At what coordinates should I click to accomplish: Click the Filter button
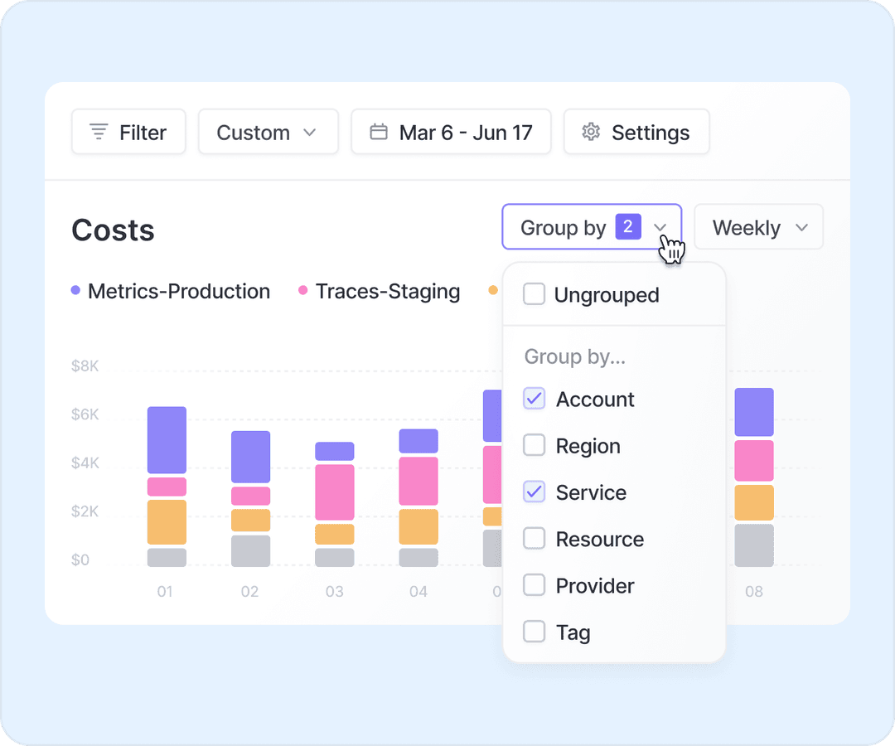click(x=128, y=133)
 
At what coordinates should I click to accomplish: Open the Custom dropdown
click(x=268, y=133)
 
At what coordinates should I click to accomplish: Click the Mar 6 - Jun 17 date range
click(x=451, y=133)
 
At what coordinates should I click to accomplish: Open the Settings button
click(x=636, y=133)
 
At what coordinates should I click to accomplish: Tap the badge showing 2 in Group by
click(x=628, y=226)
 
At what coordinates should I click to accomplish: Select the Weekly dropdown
click(x=758, y=227)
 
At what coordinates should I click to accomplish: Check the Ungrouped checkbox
click(x=535, y=294)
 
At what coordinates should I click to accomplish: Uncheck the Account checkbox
click(x=535, y=399)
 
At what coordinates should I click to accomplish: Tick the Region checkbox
click(x=535, y=446)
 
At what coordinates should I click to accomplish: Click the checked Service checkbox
click(x=535, y=492)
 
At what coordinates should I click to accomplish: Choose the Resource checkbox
click(x=535, y=539)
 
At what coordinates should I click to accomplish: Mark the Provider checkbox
click(x=535, y=586)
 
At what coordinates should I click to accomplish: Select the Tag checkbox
click(x=535, y=632)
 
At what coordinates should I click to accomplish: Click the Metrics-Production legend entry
click(x=171, y=292)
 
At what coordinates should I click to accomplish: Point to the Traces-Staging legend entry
click(x=380, y=292)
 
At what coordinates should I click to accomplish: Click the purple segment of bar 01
click(x=167, y=439)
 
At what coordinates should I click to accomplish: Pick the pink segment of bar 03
click(x=335, y=492)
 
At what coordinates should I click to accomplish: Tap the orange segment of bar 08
click(x=754, y=502)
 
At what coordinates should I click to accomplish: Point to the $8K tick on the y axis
click(x=85, y=366)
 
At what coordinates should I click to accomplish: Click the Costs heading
click(x=113, y=230)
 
